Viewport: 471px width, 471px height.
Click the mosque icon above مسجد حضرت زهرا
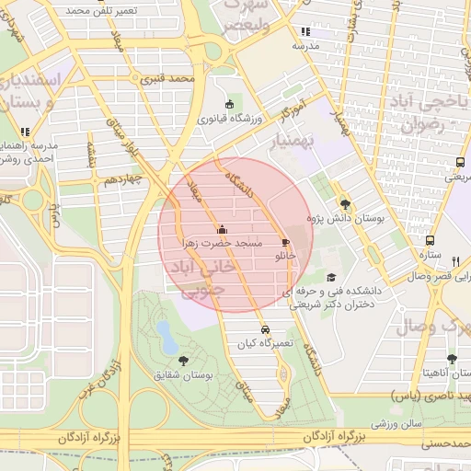tap(221, 230)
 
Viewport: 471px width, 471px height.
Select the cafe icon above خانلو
tap(285, 243)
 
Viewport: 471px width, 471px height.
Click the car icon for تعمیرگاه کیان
tap(265, 328)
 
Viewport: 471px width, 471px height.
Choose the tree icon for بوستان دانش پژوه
tap(345, 204)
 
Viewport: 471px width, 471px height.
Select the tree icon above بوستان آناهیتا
tap(451, 359)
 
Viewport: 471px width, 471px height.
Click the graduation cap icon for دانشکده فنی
tap(331, 277)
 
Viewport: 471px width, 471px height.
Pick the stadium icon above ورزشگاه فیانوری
tap(229, 104)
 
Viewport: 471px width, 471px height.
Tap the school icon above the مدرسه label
tap(305, 31)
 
